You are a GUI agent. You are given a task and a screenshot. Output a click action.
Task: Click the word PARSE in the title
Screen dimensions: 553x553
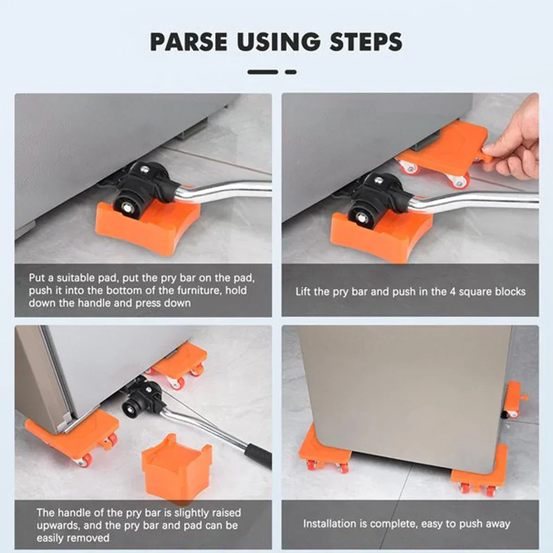pyautogui.click(x=188, y=42)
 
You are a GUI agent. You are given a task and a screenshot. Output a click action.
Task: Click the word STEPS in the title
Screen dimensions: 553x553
pyautogui.click(x=366, y=42)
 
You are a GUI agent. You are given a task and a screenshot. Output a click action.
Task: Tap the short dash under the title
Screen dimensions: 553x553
pyautogui.click(x=290, y=72)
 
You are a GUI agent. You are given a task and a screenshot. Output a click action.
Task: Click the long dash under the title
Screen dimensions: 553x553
pyautogui.click(x=263, y=72)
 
